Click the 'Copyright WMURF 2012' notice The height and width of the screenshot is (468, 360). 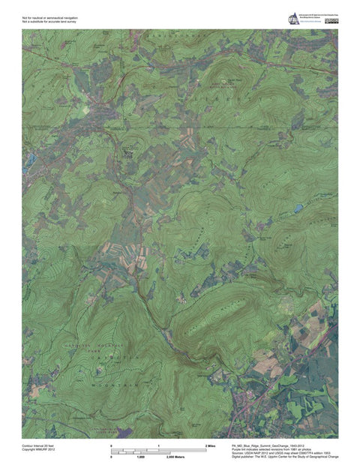38,450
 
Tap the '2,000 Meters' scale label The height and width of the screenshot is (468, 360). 175,456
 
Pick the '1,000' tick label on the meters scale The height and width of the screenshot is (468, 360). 139,456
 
